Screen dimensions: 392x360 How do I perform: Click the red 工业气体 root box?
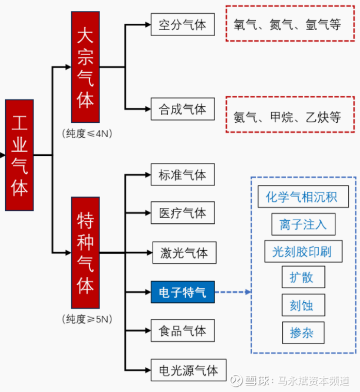[x=20, y=155]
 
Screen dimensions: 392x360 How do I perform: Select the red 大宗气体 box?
[x=85, y=67]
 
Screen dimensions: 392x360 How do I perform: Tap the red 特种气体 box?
[x=85, y=253]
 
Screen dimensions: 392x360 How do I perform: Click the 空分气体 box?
[x=183, y=25]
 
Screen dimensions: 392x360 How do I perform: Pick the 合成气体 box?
[x=183, y=109]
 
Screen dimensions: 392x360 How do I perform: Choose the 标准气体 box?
[x=183, y=175]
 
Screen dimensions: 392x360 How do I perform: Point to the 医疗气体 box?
[x=183, y=213]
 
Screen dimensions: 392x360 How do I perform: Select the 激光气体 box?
[x=184, y=253]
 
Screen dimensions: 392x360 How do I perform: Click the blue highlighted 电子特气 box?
[x=183, y=292]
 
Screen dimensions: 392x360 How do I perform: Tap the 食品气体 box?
[x=183, y=330]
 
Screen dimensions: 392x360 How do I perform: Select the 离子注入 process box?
[x=303, y=224]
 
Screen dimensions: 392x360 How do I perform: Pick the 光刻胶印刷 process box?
[x=303, y=252]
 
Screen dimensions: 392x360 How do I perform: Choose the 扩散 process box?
[x=304, y=277]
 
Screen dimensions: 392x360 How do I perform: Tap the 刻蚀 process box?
[x=304, y=305]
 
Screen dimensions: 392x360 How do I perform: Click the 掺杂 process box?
[x=304, y=333]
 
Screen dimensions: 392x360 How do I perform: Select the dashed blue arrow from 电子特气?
[x=233, y=292]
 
